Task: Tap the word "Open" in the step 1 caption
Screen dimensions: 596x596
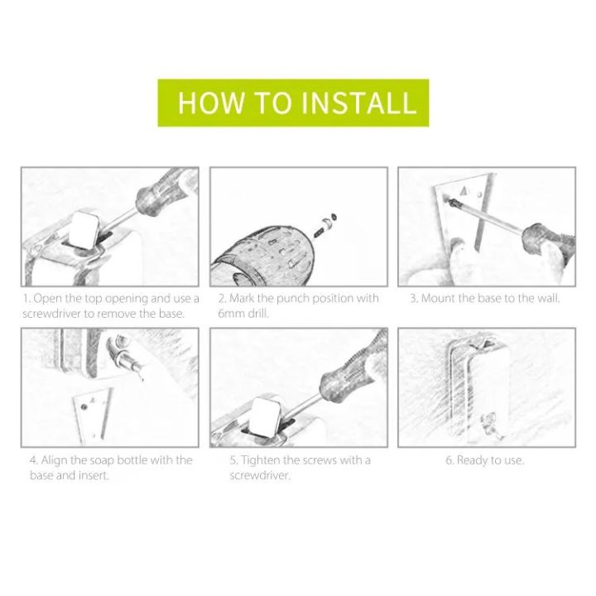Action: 50,298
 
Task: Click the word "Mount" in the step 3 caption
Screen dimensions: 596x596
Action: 440,298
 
